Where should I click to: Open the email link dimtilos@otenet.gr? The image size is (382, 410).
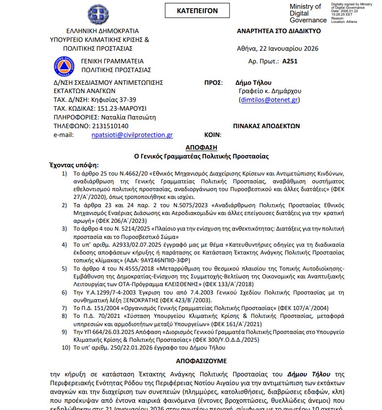point(269,100)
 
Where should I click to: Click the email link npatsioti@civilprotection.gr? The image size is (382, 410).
point(132,135)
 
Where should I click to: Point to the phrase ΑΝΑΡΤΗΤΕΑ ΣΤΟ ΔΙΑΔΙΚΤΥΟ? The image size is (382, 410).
point(279,30)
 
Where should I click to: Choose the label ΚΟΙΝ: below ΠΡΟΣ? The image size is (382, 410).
point(212,135)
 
